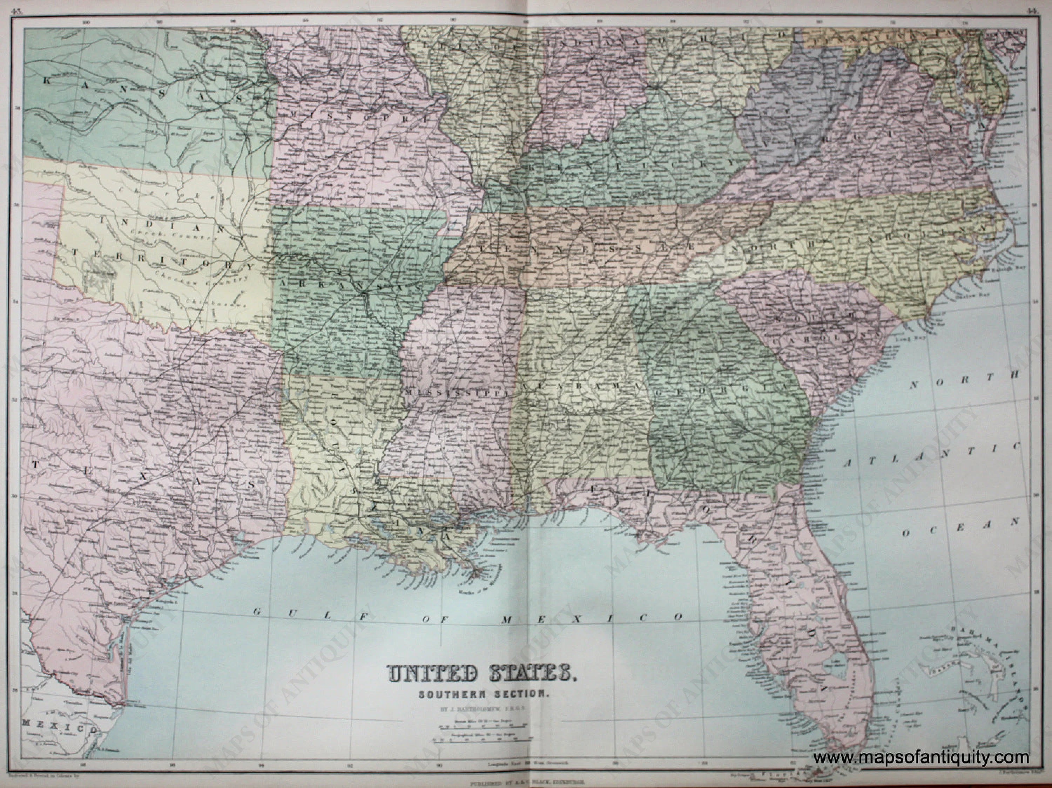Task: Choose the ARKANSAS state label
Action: (350, 286)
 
